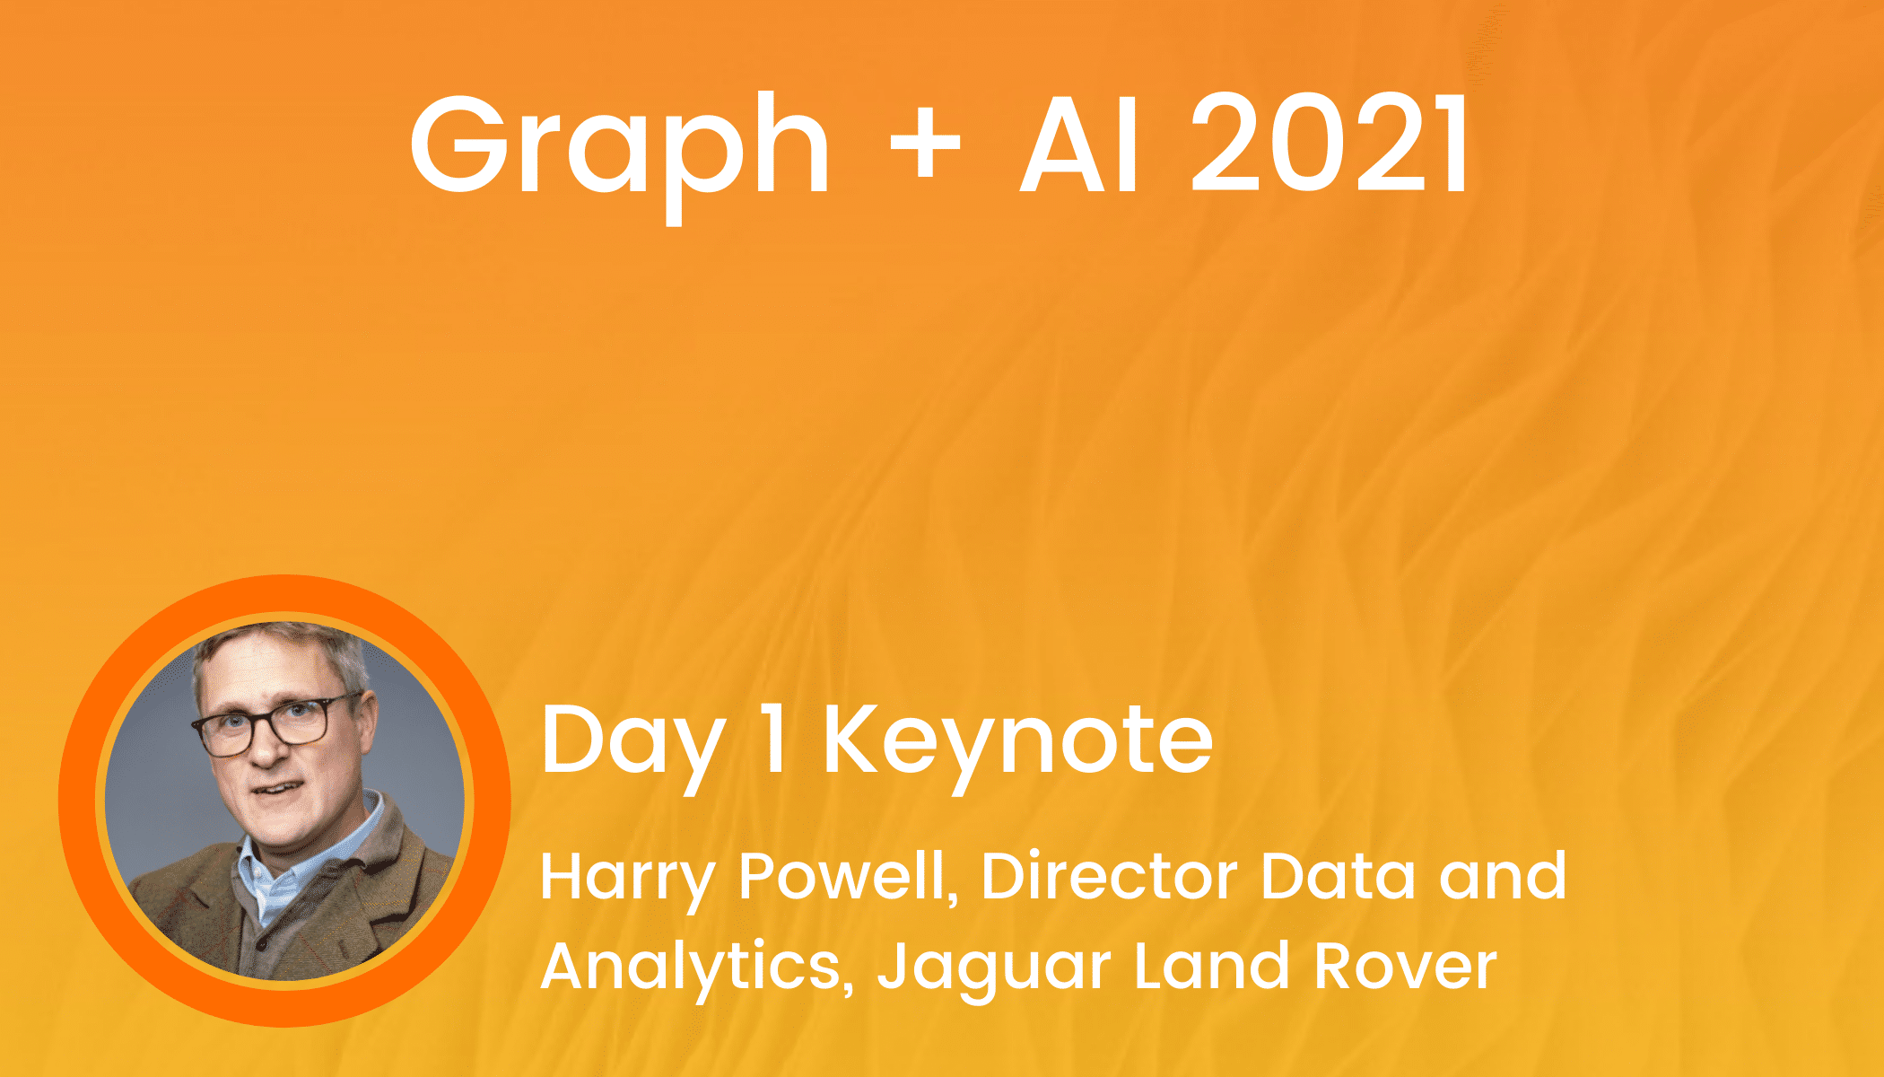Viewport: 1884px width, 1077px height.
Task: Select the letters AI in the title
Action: pyautogui.click(x=1079, y=144)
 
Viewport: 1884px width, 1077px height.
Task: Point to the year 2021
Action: pyautogui.click(x=1330, y=144)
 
